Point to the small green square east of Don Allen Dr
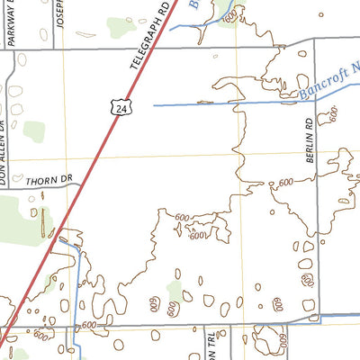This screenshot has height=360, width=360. (33, 130)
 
